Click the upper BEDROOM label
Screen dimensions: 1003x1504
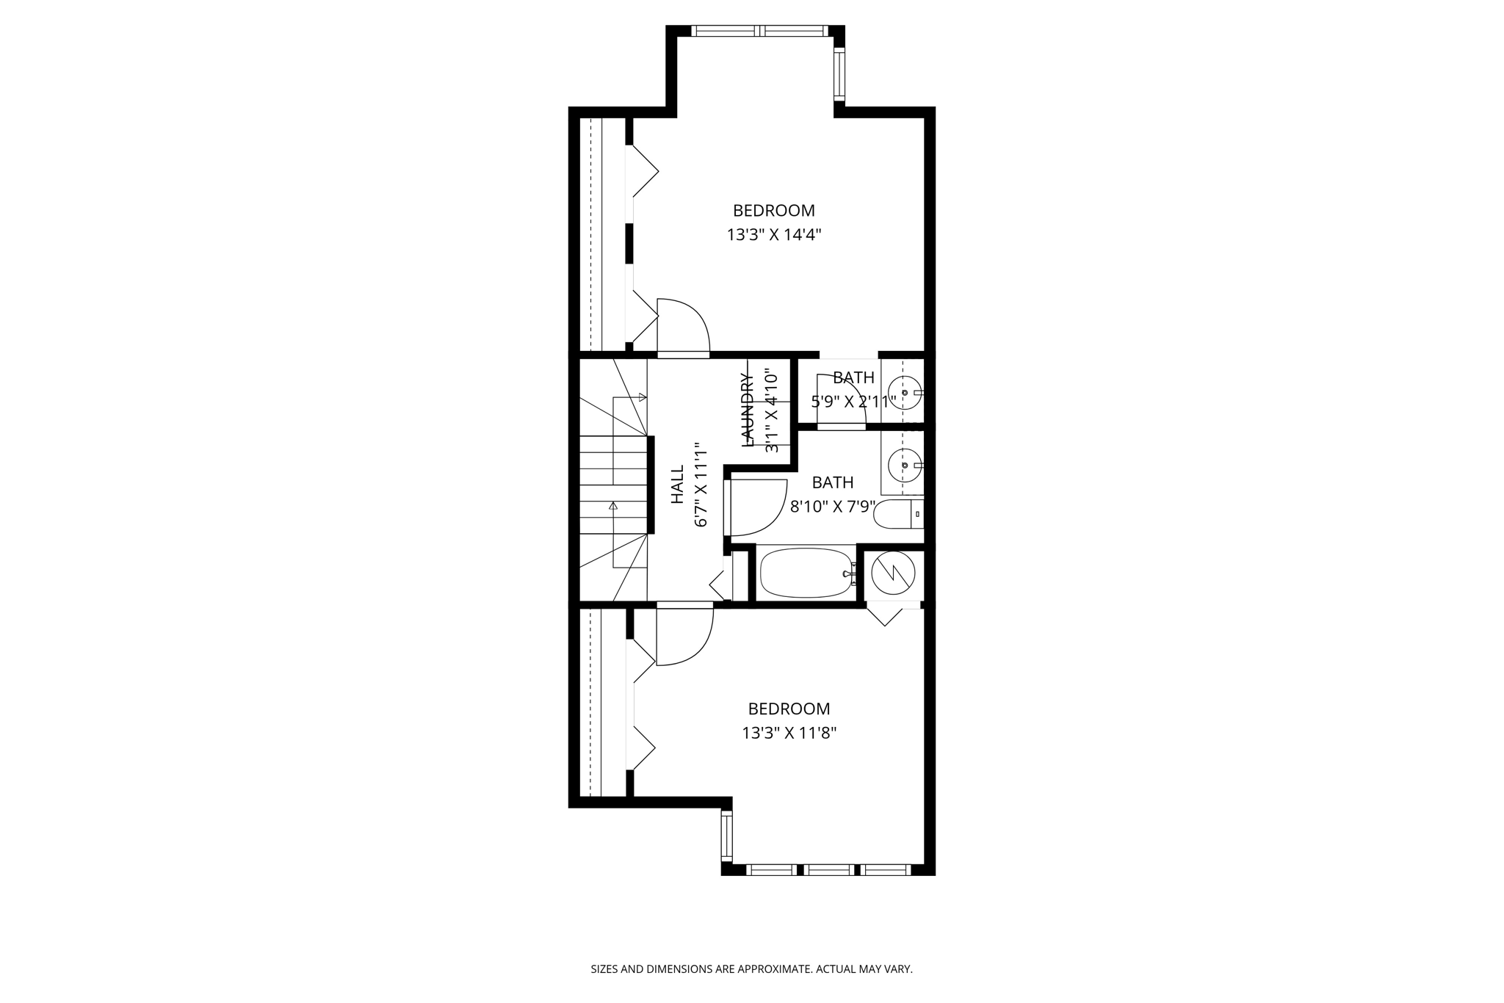coord(773,211)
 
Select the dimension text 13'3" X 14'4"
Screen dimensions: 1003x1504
coord(773,235)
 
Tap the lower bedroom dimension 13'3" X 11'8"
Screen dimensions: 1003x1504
coord(789,733)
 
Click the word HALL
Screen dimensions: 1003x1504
coord(678,484)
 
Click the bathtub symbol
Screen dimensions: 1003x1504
coord(805,573)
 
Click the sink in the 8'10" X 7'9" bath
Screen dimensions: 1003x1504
coord(905,464)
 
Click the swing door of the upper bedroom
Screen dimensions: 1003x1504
coord(683,327)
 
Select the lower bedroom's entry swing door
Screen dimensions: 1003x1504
coord(684,635)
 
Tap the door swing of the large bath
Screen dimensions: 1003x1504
coord(756,507)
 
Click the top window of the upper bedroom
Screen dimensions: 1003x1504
coord(759,31)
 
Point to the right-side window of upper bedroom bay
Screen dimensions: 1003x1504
coord(839,73)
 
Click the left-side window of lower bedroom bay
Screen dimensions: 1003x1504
coord(726,836)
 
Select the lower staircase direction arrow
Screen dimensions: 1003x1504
coord(613,506)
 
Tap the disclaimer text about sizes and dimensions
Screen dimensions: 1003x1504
coord(751,969)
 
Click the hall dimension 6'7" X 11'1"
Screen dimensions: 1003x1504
coord(701,484)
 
